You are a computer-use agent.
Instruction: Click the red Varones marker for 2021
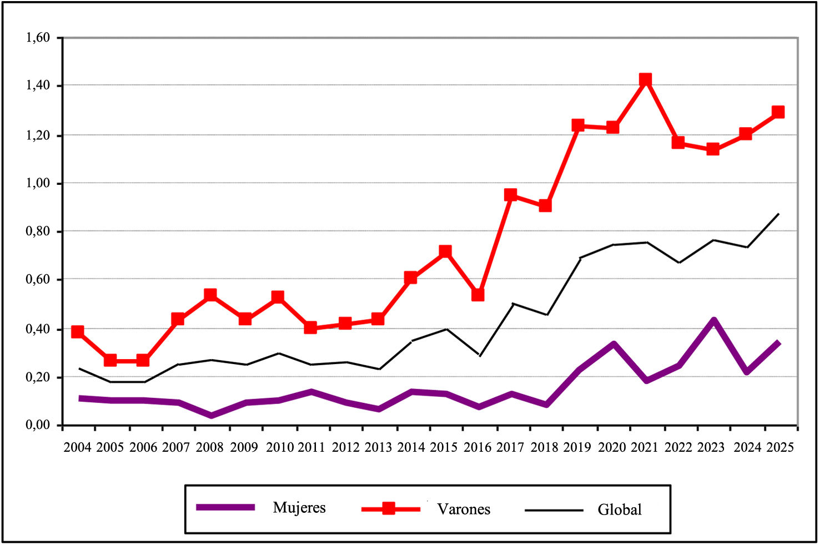click(x=645, y=80)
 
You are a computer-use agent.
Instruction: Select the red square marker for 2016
click(x=478, y=295)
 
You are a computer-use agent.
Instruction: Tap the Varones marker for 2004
click(x=78, y=332)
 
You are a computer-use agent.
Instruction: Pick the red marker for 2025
click(x=778, y=112)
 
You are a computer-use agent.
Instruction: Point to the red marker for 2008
click(x=210, y=295)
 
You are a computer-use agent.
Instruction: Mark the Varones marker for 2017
click(x=511, y=195)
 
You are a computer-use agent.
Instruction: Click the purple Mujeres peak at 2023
click(x=714, y=320)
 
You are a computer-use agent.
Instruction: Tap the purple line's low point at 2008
click(x=212, y=415)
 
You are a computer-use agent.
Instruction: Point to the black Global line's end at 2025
click(x=779, y=214)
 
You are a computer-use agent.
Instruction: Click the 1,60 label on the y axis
click(x=38, y=38)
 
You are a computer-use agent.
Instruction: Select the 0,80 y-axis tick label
click(x=38, y=231)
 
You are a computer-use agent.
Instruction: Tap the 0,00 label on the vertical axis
click(x=38, y=425)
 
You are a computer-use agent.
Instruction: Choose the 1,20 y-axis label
click(x=38, y=135)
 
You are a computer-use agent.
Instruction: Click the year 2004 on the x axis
click(x=78, y=447)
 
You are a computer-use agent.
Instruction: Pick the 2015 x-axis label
click(x=444, y=447)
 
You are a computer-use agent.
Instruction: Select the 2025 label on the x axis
click(x=780, y=447)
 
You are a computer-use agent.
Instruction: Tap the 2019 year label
click(x=577, y=447)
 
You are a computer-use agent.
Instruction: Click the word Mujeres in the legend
click(x=299, y=508)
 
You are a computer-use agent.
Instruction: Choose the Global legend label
click(x=620, y=509)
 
